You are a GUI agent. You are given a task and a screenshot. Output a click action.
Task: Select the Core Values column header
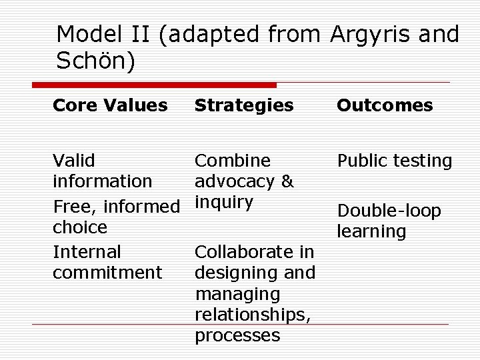tap(110, 105)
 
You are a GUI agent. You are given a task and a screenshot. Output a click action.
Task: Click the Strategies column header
tap(244, 105)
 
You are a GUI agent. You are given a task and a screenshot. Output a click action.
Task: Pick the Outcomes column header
tap(385, 105)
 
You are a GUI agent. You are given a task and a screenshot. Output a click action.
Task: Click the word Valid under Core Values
tap(73, 161)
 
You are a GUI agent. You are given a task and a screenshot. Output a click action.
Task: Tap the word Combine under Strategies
tap(233, 161)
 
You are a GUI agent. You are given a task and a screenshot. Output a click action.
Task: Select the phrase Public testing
tap(395, 161)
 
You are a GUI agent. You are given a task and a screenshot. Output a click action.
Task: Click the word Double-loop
tap(389, 211)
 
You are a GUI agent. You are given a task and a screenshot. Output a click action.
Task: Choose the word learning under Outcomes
tap(371, 232)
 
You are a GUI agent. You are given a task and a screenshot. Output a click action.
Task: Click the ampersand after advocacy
tap(287, 181)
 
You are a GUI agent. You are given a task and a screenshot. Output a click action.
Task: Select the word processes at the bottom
tap(237, 335)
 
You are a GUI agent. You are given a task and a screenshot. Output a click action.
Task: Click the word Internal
tap(87, 252)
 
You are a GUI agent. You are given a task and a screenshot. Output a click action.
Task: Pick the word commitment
tap(107, 273)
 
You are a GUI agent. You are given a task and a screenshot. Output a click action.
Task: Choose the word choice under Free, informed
tap(79, 227)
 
